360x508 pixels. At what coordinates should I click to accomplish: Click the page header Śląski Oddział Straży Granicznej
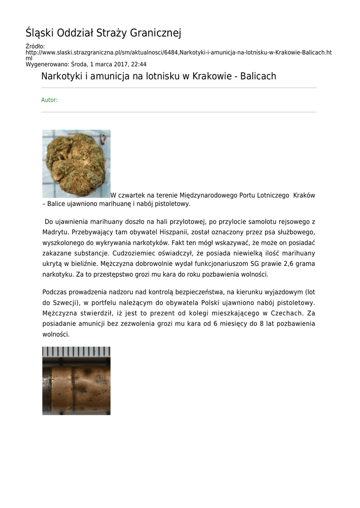(x=103, y=33)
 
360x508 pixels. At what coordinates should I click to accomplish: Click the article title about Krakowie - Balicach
(x=158, y=76)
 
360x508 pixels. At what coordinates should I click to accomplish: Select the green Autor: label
(x=49, y=100)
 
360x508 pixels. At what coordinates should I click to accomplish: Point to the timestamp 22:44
(x=139, y=64)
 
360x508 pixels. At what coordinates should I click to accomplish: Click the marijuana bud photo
(x=76, y=164)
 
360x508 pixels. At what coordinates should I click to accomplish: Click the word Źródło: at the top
(x=35, y=46)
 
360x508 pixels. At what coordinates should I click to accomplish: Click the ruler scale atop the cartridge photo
(x=76, y=352)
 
